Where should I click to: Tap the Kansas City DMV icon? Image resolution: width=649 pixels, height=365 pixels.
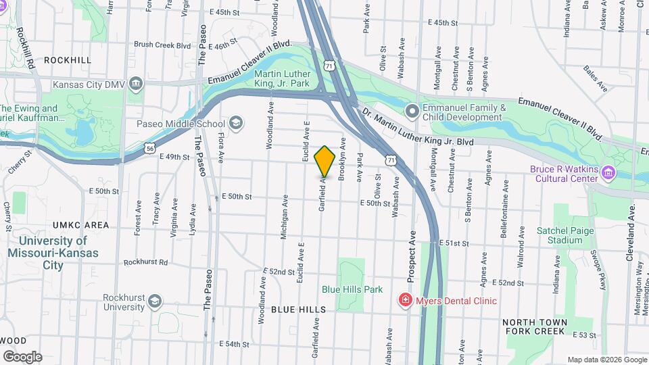pos(136,85)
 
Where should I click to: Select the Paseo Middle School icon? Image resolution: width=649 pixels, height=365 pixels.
pos(236,123)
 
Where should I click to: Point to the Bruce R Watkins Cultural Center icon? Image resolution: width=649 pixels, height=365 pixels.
pos(608,172)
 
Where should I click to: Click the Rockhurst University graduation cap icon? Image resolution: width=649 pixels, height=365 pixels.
pos(155,300)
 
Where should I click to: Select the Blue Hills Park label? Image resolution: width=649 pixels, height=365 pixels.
pos(352,289)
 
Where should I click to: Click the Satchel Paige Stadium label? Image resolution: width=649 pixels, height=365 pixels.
pos(559,235)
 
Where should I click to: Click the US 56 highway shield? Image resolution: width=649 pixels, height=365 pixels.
pos(149,148)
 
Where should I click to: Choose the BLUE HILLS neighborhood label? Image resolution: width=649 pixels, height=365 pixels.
pos(298,309)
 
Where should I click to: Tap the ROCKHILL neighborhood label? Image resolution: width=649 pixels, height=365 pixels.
pos(67,60)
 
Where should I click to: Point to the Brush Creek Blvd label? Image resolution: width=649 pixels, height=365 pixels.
pos(162,45)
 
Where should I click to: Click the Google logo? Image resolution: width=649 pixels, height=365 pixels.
pos(22,356)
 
